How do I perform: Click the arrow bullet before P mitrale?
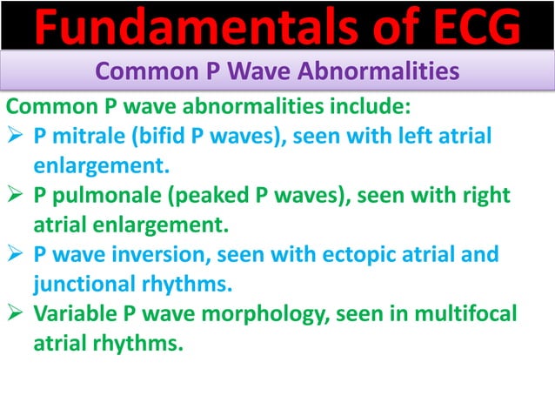[16, 137]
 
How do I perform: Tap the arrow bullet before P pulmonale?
[16, 196]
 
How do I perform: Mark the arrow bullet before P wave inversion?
[16, 255]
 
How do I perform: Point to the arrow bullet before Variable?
[16, 314]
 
